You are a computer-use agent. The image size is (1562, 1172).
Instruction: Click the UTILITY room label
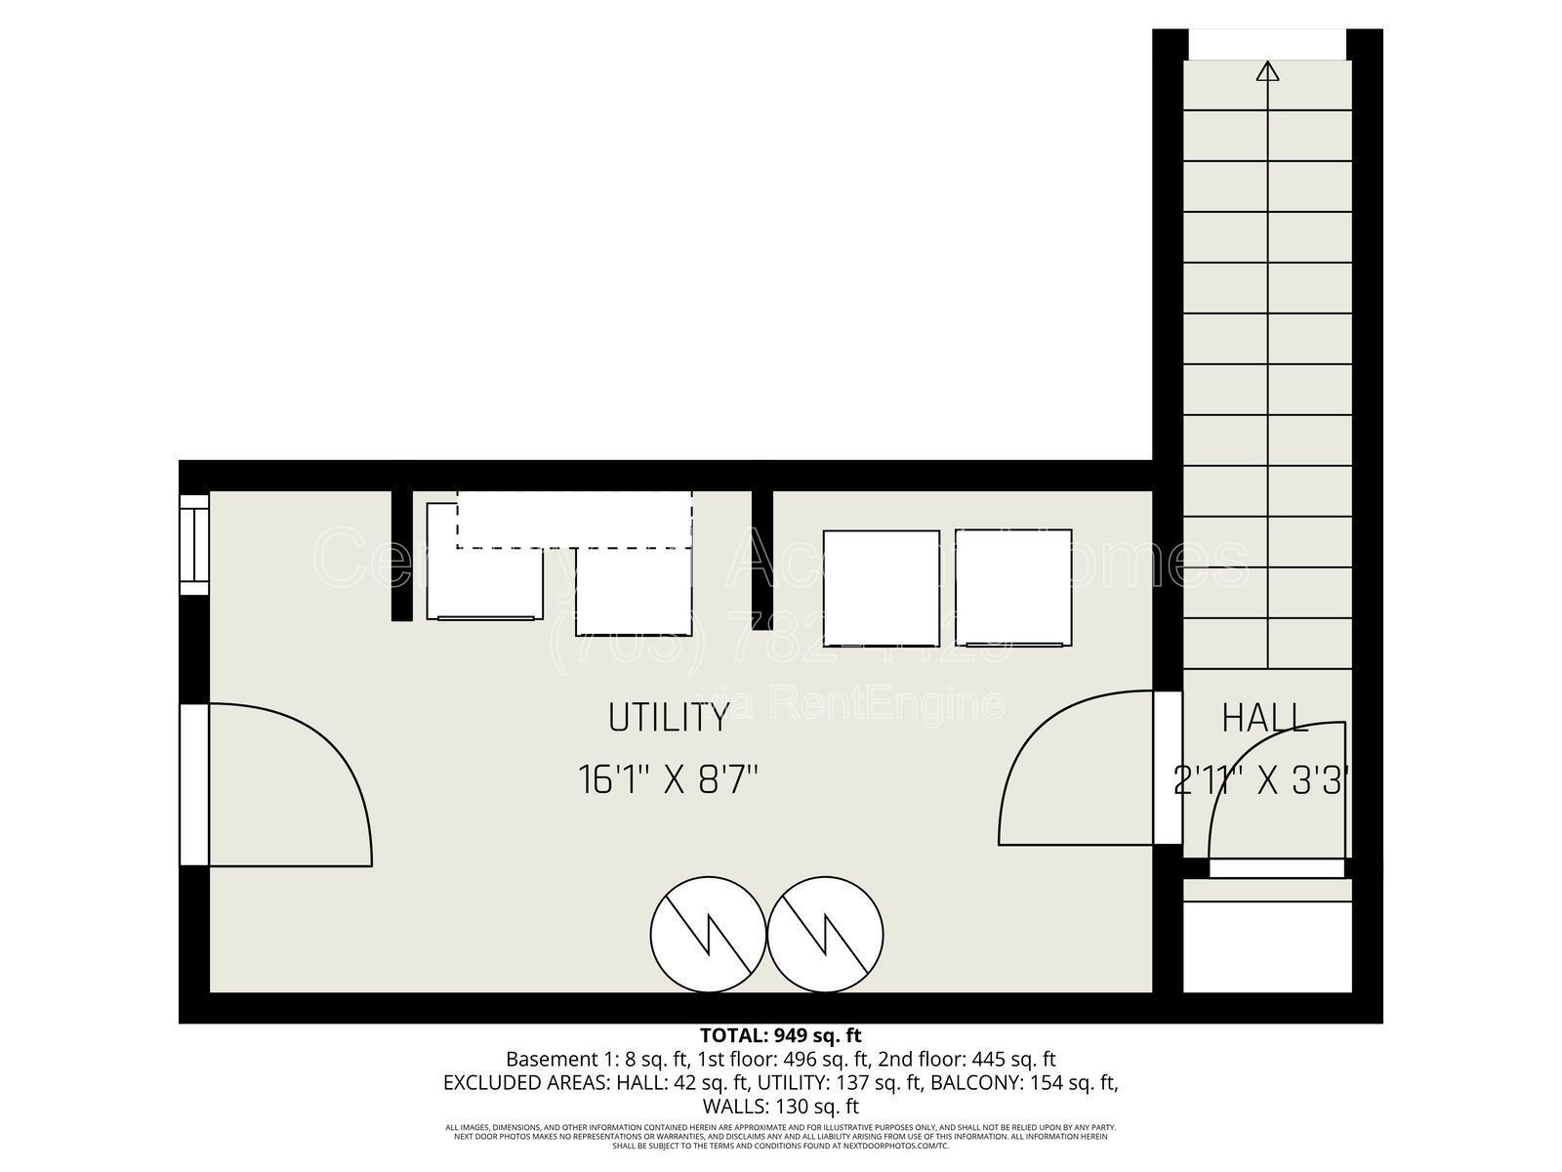pyautogui.click(x=669, y=718)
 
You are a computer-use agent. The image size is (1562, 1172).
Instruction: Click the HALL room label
pyautogui.click(x=1264, y=719)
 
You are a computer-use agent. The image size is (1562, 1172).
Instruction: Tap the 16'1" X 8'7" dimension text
pyautogui.click(x=669, y=780)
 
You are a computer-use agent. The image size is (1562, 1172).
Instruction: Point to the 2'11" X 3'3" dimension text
pyautogui.click(x=1261, y=781)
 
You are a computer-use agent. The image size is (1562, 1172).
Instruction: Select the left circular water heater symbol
pyautogui.click(x=709, y=933)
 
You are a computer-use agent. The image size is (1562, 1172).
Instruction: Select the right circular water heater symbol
pyautogui.click(x=826, y=933)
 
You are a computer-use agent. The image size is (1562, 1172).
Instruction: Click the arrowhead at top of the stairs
pyautogui.click(x=1267, y=70)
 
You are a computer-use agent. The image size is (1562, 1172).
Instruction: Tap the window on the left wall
pyautogui.click(x=194, y=545)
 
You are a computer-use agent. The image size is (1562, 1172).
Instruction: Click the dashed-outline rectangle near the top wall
pyautogui.click(x=574, y=520)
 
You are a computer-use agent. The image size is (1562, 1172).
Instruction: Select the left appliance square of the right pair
pyautogui.click(x=882, y=588)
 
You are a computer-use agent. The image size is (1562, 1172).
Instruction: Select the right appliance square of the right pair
pyautogui.click(x=1013, y=588)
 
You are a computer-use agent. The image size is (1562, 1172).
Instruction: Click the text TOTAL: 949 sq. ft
pyautogui.click(x=780, y=1035)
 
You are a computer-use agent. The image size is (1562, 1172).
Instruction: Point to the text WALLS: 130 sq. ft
pyautogui.click(x=780, y=1107)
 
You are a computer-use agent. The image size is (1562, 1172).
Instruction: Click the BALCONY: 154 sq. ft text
pyautogui.click(x=1023, y=1082)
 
